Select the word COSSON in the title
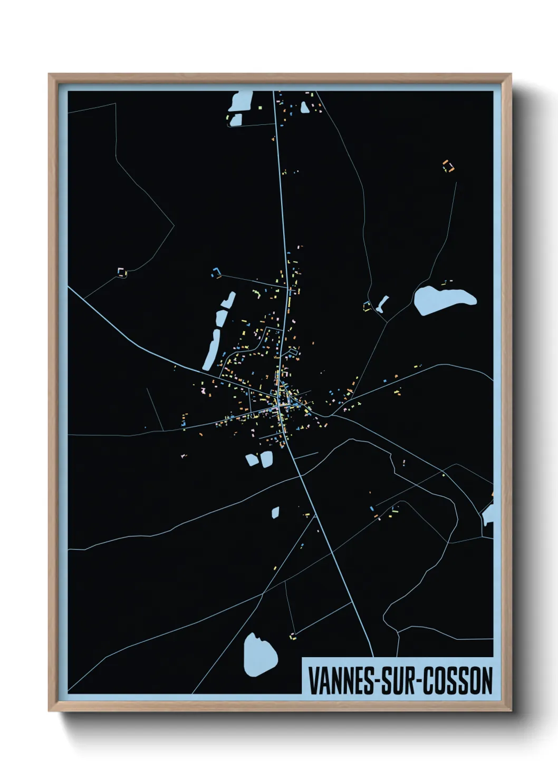459,681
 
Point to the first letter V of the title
312,681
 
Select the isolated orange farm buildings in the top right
448,166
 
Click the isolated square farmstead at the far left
122,272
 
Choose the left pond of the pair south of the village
252,460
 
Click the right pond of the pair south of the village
266,458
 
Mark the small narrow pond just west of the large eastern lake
382,303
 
